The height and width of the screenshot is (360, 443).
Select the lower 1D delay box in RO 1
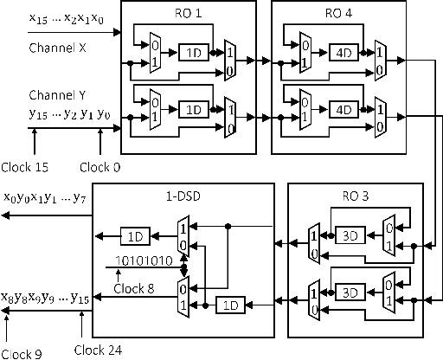192,110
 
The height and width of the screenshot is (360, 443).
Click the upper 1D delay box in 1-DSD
134,235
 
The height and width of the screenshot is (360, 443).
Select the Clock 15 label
27,166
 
